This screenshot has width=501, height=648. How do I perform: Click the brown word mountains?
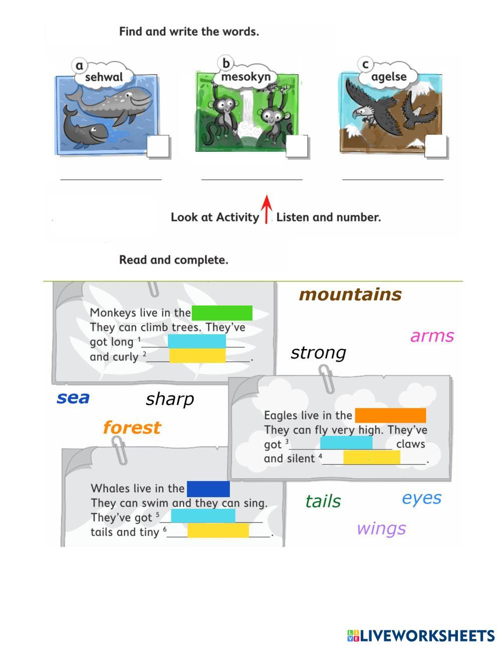(x=350, y=294)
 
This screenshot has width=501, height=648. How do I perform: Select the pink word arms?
(x=432, y=336)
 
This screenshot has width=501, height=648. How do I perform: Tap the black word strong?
(x=318, y=353)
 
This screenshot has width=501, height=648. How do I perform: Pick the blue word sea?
(x=73, y=398)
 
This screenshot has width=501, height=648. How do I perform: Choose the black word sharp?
(x=169, y=399)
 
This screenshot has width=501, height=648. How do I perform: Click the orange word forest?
(x=132, y=428)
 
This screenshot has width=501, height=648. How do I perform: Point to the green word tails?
(x=323, y=501)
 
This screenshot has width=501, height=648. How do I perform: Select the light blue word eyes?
(x=421, y=498)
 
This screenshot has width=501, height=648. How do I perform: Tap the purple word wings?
(x=381, y=528)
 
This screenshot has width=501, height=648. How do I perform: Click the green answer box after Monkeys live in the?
(x=222, y=313)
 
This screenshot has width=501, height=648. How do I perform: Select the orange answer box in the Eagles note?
(x=390, y=416)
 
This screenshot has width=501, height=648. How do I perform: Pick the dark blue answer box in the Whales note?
(x=208, y=489)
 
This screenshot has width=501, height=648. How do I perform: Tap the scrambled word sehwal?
(x=104, y=77)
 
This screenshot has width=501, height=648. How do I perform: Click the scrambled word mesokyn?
(x=245, y=77)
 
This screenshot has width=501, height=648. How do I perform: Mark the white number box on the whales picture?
(x=158, y=147)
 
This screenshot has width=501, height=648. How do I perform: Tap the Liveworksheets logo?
(x=421, y=636)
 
